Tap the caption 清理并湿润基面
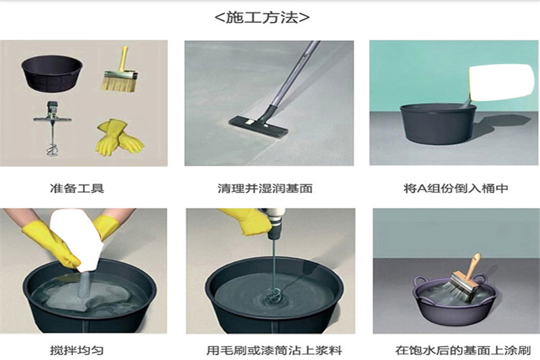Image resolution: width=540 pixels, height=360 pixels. (269, 188)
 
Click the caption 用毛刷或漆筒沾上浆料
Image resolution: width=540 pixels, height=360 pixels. (269, 351)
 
